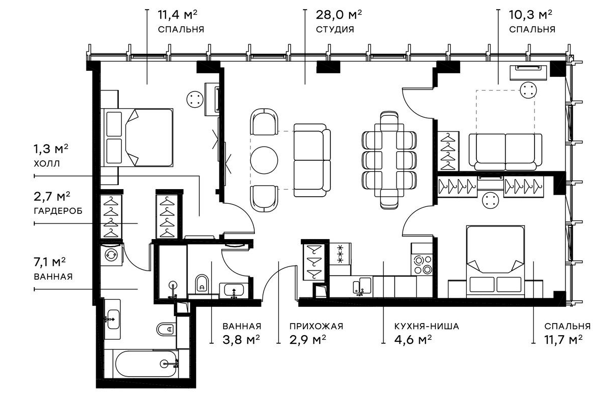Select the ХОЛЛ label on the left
point(47,164)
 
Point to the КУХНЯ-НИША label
point(426,326)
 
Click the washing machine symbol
point(110,255)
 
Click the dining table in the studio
point(389,161)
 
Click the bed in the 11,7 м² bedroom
point(495,260)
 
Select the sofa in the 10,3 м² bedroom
point(505,150)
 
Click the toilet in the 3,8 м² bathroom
point(202,285)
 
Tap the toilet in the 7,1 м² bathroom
point(165,330)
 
